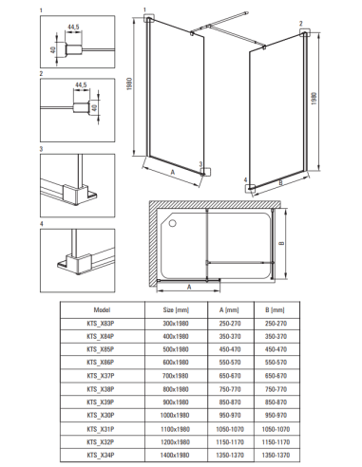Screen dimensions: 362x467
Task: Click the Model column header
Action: [102, 309]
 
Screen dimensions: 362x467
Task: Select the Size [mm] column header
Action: [176, 309]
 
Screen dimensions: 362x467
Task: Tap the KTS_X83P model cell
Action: [101, 324]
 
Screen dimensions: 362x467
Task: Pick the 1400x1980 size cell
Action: [175, 455]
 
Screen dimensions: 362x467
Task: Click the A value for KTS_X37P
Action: [230, 376]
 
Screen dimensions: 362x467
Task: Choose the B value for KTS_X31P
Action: [276, 429]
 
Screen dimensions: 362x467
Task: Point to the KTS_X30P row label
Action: [101, 415]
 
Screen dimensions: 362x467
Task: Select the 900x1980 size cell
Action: [176, 402]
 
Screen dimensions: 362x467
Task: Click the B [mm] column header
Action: [275, 309]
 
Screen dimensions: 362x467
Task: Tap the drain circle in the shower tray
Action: [172, 223]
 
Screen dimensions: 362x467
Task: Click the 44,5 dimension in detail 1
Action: [73, 28]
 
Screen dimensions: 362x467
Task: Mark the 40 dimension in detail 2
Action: [94, 108]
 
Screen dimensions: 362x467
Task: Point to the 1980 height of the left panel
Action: [129, 84]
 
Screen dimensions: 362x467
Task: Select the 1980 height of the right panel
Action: [314, 99]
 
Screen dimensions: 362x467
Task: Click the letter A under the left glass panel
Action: [173, 172]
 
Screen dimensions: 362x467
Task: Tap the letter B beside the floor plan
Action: [282, 243]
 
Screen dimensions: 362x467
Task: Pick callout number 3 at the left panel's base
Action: [200, 164]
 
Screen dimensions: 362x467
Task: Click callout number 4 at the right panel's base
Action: [245, 179]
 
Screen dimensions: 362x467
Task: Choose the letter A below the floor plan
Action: [189, 287]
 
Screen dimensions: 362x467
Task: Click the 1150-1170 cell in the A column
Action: [230, 442]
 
